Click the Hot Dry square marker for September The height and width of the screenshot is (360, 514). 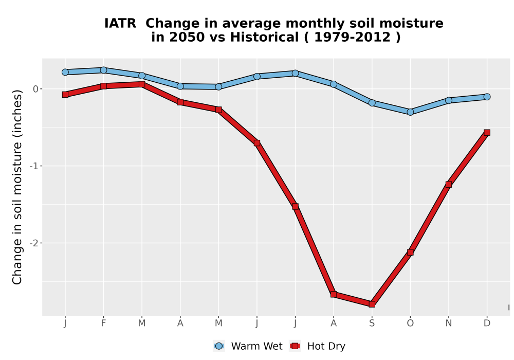tap(372, 304)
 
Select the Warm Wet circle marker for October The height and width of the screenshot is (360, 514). tap(410, 112)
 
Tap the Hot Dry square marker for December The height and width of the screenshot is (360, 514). tap(487, 133)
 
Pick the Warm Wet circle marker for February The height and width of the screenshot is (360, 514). tap(103, 70)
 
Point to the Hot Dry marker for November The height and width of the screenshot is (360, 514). tap(448, 185)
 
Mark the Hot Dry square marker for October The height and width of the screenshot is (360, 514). tap(410, 252)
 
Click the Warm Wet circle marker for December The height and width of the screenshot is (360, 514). tap(487, 97)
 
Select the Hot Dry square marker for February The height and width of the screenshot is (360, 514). tap(103, 86)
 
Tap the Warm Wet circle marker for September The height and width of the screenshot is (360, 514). tap(372, 103)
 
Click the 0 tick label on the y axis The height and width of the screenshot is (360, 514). tap(36, 89)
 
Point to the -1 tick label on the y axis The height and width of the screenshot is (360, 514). tap(34, 166)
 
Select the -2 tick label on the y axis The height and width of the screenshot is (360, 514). tap(34, 243)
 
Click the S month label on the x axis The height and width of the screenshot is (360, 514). tap(372, 323)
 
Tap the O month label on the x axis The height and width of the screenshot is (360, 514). tap(410, 323)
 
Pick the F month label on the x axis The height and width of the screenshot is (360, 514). tap(103, 323)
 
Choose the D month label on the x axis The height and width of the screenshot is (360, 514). tap(487, 323)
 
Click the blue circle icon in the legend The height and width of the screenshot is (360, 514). tap(219, 346)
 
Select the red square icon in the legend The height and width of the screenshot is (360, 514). tap(295, 346)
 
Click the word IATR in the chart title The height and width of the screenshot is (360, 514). tap(120, 24)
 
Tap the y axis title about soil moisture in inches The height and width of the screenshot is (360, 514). tap(17, 187)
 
